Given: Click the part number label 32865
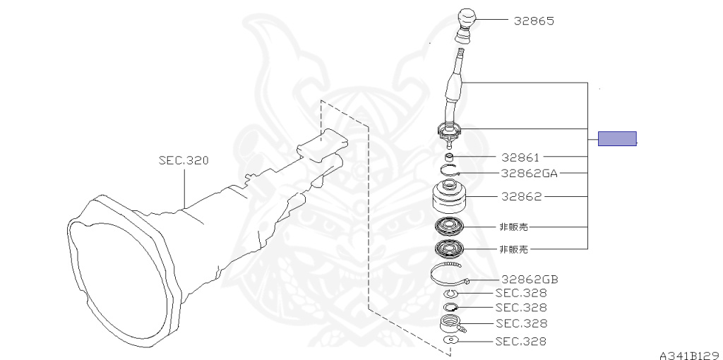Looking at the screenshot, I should click(x=534, y=21).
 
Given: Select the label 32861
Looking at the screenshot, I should click(x=520, y=157).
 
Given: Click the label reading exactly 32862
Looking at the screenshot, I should click(x=521, y=197).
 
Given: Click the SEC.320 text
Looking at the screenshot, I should click(x=184, y=161).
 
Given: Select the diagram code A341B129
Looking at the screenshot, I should click(x=690, y=354).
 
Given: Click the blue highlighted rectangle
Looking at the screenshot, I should click(x=617, y=138).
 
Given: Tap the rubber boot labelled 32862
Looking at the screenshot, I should click(x=450, y=197).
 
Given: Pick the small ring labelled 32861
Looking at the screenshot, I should click(x=450, y=157).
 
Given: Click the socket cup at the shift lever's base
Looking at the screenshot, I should click(x=450, y=130).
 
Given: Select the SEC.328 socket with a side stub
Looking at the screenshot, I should click(x=450, y=324).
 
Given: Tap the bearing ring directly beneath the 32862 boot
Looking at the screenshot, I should click(x=450, y=227).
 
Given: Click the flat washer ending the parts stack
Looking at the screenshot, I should click(x=450, y=340).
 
